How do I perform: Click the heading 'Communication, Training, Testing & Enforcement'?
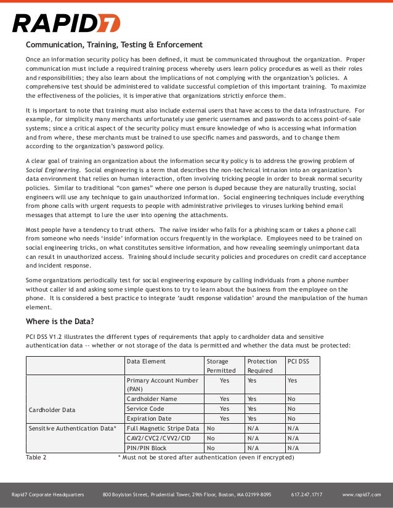(x=113, y=45)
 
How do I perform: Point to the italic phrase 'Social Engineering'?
(x=53, y=169)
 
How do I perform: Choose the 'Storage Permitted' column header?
(x=221, y=366)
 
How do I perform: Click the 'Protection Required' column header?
(x=262, y=366)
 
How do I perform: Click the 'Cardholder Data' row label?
(x=52, y=409)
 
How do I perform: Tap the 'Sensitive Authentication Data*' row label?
(x=72, y=428)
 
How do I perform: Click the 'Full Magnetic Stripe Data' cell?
(x=163, y=428)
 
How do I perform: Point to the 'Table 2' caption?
(x=36, y=458)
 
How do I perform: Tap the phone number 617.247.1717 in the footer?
(x=306, y=494)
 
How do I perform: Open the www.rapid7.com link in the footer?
(x=362, y=494)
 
